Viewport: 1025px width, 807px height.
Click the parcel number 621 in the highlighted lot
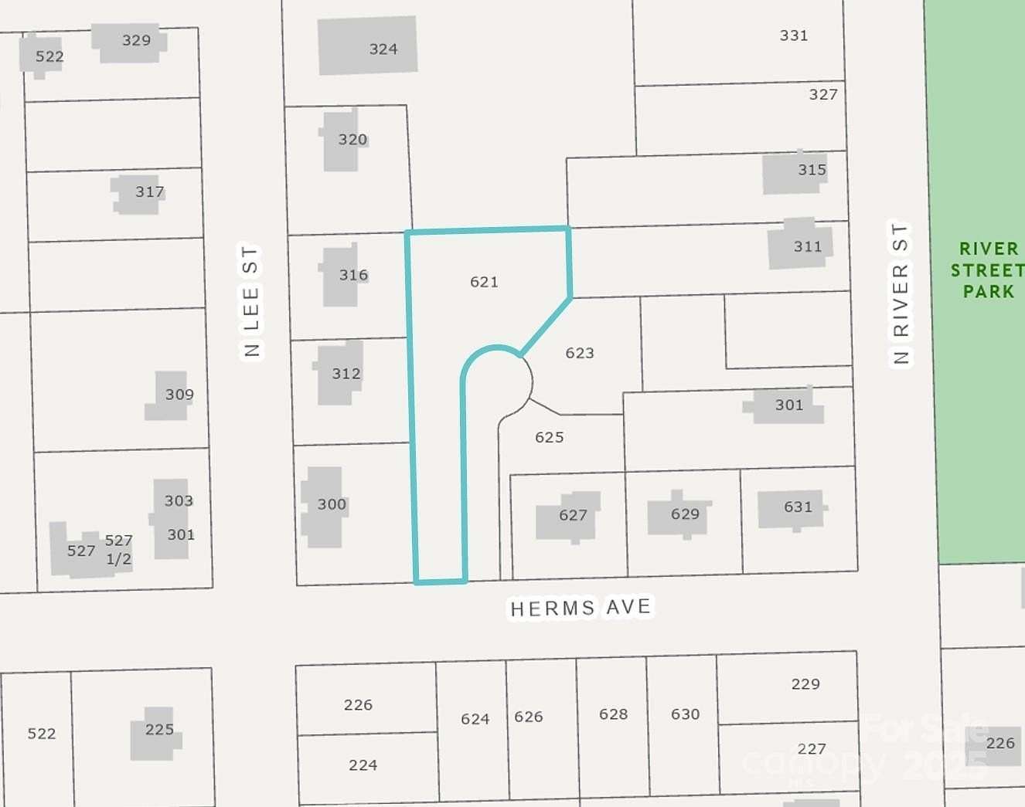tap(484, 282)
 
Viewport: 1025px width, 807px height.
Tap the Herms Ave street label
tap(581, 608)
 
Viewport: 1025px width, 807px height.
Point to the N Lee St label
tap(250, 301)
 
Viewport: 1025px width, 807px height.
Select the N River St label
tap(901, 293)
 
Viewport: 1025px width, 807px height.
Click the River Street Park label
tap(987, 270)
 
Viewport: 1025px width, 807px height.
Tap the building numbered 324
tap(368, 46)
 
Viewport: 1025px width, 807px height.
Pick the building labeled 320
tap(342, 141)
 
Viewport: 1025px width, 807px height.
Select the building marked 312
tap(339, 374)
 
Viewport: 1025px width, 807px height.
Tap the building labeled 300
tap(323, 507)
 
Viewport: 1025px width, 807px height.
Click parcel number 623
tap(580, 353)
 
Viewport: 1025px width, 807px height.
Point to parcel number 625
tap(550, 437)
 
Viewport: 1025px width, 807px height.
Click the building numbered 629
tap(678, 514)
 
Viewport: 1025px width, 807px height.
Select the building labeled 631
tap(790, 508)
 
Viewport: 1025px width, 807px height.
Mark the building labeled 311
tap(799, 245)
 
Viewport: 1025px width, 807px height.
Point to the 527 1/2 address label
tap(118, 549)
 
